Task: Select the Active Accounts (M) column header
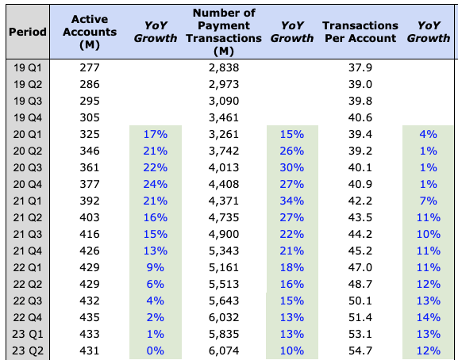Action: coord(90,32)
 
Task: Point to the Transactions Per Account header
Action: coord(360,32)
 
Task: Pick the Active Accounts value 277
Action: coord(90,67)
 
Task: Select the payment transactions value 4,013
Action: coord(223,167)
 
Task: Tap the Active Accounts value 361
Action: coord(90,167)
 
